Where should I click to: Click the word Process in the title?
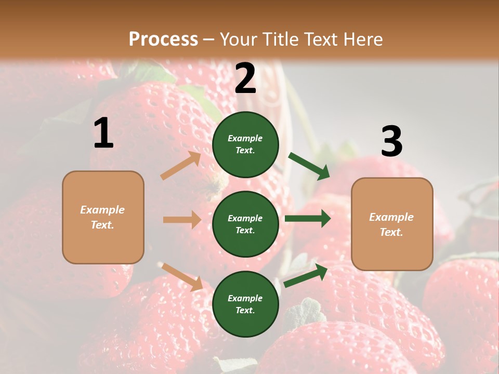(163, 39)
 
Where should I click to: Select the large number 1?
(103, 133)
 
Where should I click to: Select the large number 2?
(245, 78)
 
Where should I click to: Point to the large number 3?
(391, 142)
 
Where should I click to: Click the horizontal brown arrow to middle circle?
(182, 220)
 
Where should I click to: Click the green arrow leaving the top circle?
(309, 166)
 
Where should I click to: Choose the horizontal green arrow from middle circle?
(308, 219)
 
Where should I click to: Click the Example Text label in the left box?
(102, 217)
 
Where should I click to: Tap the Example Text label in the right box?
(391, 224)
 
